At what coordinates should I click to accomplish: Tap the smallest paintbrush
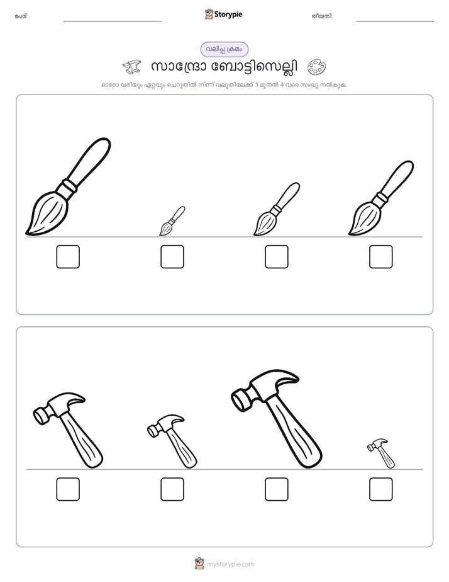point(172,221)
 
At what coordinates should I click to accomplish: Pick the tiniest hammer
point(382,454)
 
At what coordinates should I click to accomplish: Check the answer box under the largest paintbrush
point(68,256)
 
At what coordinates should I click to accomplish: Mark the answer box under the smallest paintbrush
point(172,256)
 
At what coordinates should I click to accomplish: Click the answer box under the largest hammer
point(277,489)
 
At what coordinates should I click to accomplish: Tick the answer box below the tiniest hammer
point(381,489)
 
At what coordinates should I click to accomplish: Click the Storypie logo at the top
point(223,14)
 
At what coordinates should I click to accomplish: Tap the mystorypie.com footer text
point(230,564)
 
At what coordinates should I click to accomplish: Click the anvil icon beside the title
point(132,67)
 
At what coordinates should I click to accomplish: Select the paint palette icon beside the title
point(316,67)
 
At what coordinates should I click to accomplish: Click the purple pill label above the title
point(224,49)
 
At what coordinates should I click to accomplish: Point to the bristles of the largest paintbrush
point(47,215)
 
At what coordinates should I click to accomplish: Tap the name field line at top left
point(112,21)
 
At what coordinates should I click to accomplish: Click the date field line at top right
point(396,21)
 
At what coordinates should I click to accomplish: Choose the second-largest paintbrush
point(382,198)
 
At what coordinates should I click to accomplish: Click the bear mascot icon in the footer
point(199,564)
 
